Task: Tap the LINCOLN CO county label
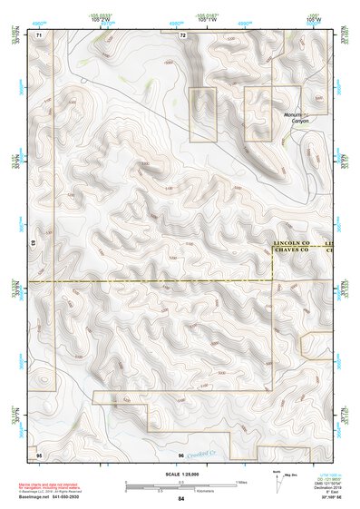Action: [x=292, y=244]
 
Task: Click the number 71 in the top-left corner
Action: [x=38, y=35]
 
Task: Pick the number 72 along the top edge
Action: [x=182, y=35]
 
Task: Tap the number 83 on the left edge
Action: [x=35, y=244]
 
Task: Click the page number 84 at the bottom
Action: [x=180, y=499]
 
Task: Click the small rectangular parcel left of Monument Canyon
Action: [x=203, y=114]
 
